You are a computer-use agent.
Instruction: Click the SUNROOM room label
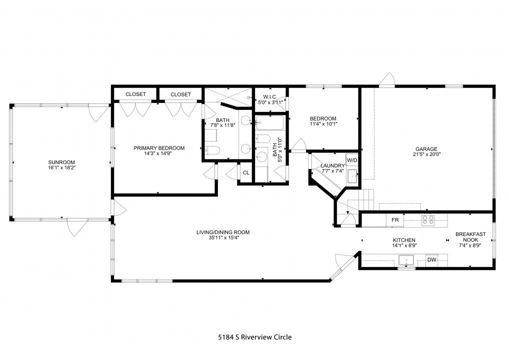(61, 162)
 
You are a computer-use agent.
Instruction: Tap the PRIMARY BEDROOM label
(159, 148)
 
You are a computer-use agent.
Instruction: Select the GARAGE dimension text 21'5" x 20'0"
(426, 154)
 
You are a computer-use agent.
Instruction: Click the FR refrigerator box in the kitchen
(394, 220)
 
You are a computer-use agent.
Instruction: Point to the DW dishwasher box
(431, 259)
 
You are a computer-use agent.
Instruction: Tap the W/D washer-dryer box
(352, 160)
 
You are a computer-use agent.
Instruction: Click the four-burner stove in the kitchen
(428, 220)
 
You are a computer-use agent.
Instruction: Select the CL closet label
(246, 172)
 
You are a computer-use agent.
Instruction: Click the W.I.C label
(269, 96)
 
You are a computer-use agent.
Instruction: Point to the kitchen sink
(406, 260)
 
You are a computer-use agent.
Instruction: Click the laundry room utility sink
(352, 176)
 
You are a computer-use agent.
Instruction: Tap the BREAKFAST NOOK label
(470, 237)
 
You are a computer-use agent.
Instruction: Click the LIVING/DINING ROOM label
(223, 232)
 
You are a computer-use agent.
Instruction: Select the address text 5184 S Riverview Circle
(254, 337)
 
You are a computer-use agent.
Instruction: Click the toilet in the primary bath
(213, 150)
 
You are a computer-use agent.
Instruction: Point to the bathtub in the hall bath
(269, 122)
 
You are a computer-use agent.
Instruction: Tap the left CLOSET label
(135, 94)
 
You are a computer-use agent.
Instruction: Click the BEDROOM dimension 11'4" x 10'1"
(323, 123)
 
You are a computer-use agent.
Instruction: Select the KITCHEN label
(404, 240)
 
